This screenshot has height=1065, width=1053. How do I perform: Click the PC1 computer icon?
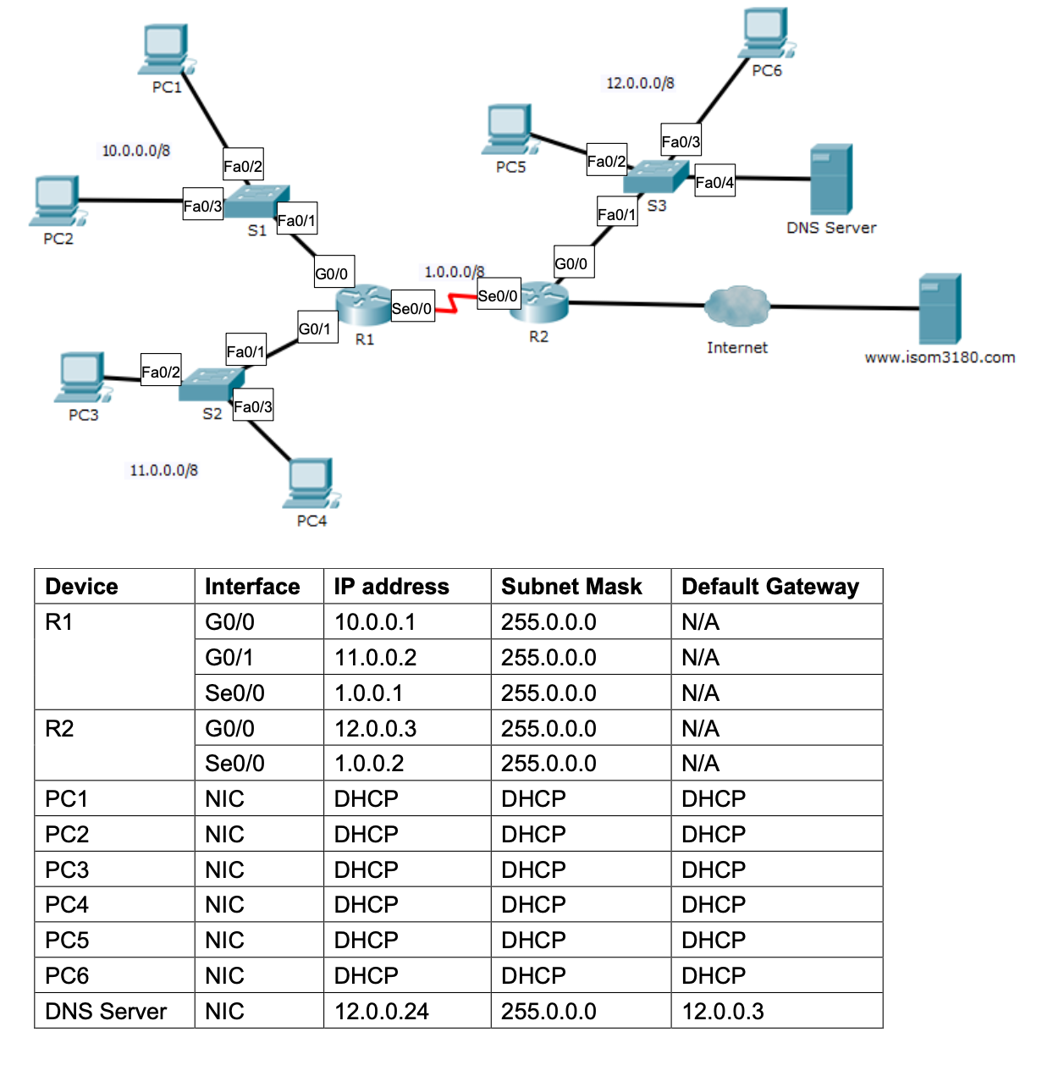click(x=166, y=49)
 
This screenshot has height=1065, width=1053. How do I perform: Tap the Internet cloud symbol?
click(x=736, y=306)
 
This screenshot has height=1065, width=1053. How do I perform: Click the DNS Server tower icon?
click(x=830, y=179)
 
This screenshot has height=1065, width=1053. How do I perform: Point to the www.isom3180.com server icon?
click(x=940, y=308)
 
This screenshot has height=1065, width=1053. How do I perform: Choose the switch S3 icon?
click(x=656, y=176)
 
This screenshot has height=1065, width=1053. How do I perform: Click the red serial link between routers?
click(x=455, y=303)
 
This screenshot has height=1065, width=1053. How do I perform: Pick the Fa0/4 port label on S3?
click(x=714, y=182)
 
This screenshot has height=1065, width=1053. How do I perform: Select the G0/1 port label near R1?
click(x=316, y=328)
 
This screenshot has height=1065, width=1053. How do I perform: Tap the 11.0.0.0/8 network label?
click(x=163, y=471)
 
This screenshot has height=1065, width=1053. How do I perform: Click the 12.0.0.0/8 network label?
click(x=640, y=83)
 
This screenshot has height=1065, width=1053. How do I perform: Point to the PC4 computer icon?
click(x=311, y=483)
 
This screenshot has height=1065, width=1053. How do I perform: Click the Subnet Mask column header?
click(x=571, y=587)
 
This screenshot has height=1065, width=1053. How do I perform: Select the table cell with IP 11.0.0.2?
click(x=375, y=658)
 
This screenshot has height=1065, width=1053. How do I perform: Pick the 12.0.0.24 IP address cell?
click(x=381, y=1012)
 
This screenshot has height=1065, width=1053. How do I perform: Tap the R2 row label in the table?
click(x=59, y=729)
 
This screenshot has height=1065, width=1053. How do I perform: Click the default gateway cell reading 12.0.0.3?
click(x=723, y=1012)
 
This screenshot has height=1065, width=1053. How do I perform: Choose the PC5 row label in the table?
click(x=67, y=941)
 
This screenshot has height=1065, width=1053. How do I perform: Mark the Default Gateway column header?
click(x=769, y=587)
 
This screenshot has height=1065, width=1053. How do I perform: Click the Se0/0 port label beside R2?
click(x=498, y=295)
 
